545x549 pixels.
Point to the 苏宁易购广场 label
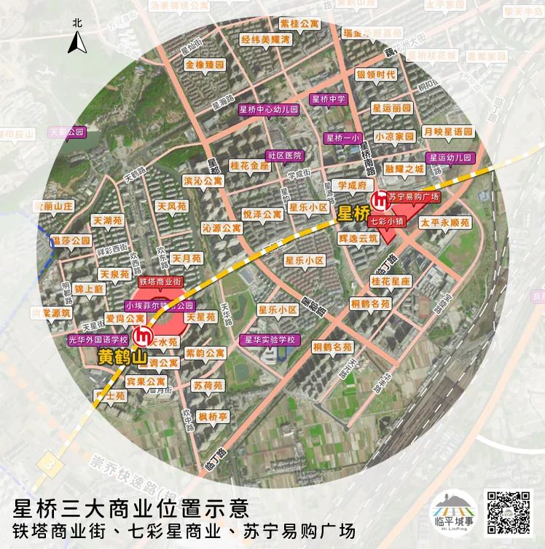[413, 197]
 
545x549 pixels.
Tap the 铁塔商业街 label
[160, 281]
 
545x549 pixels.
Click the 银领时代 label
[376, 74]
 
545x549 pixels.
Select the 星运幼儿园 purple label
[450, 157]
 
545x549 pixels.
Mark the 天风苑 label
[172, 207]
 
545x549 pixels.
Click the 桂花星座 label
[391, 281]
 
